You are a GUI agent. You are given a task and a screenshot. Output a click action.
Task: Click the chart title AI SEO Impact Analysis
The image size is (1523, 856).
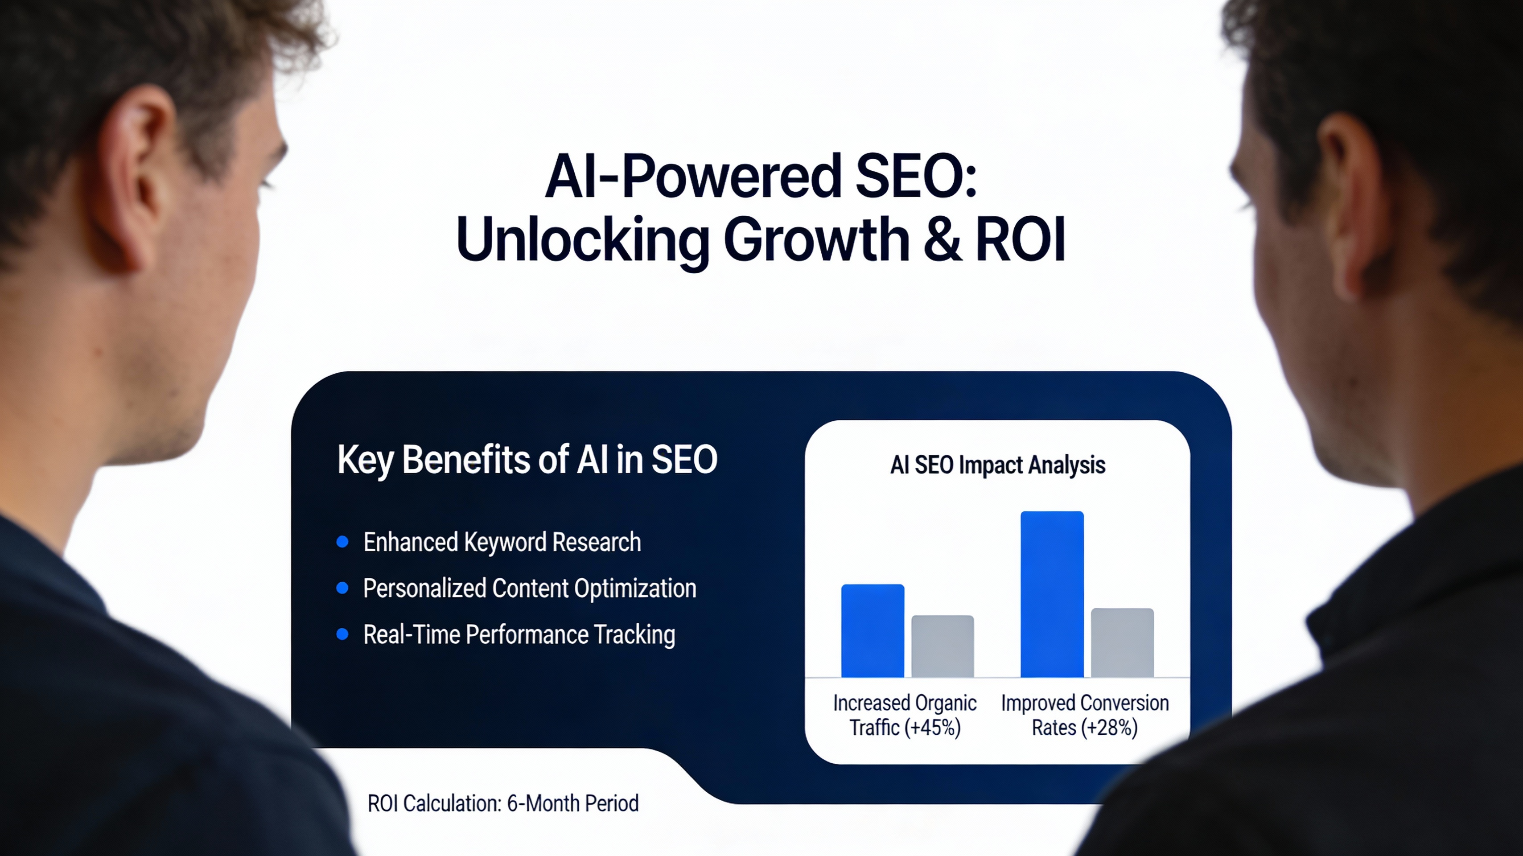997,465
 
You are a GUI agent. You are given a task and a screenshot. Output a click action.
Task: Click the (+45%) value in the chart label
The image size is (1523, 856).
932,727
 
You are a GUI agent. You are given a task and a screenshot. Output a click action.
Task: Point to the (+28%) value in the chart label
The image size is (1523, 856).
1110,727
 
